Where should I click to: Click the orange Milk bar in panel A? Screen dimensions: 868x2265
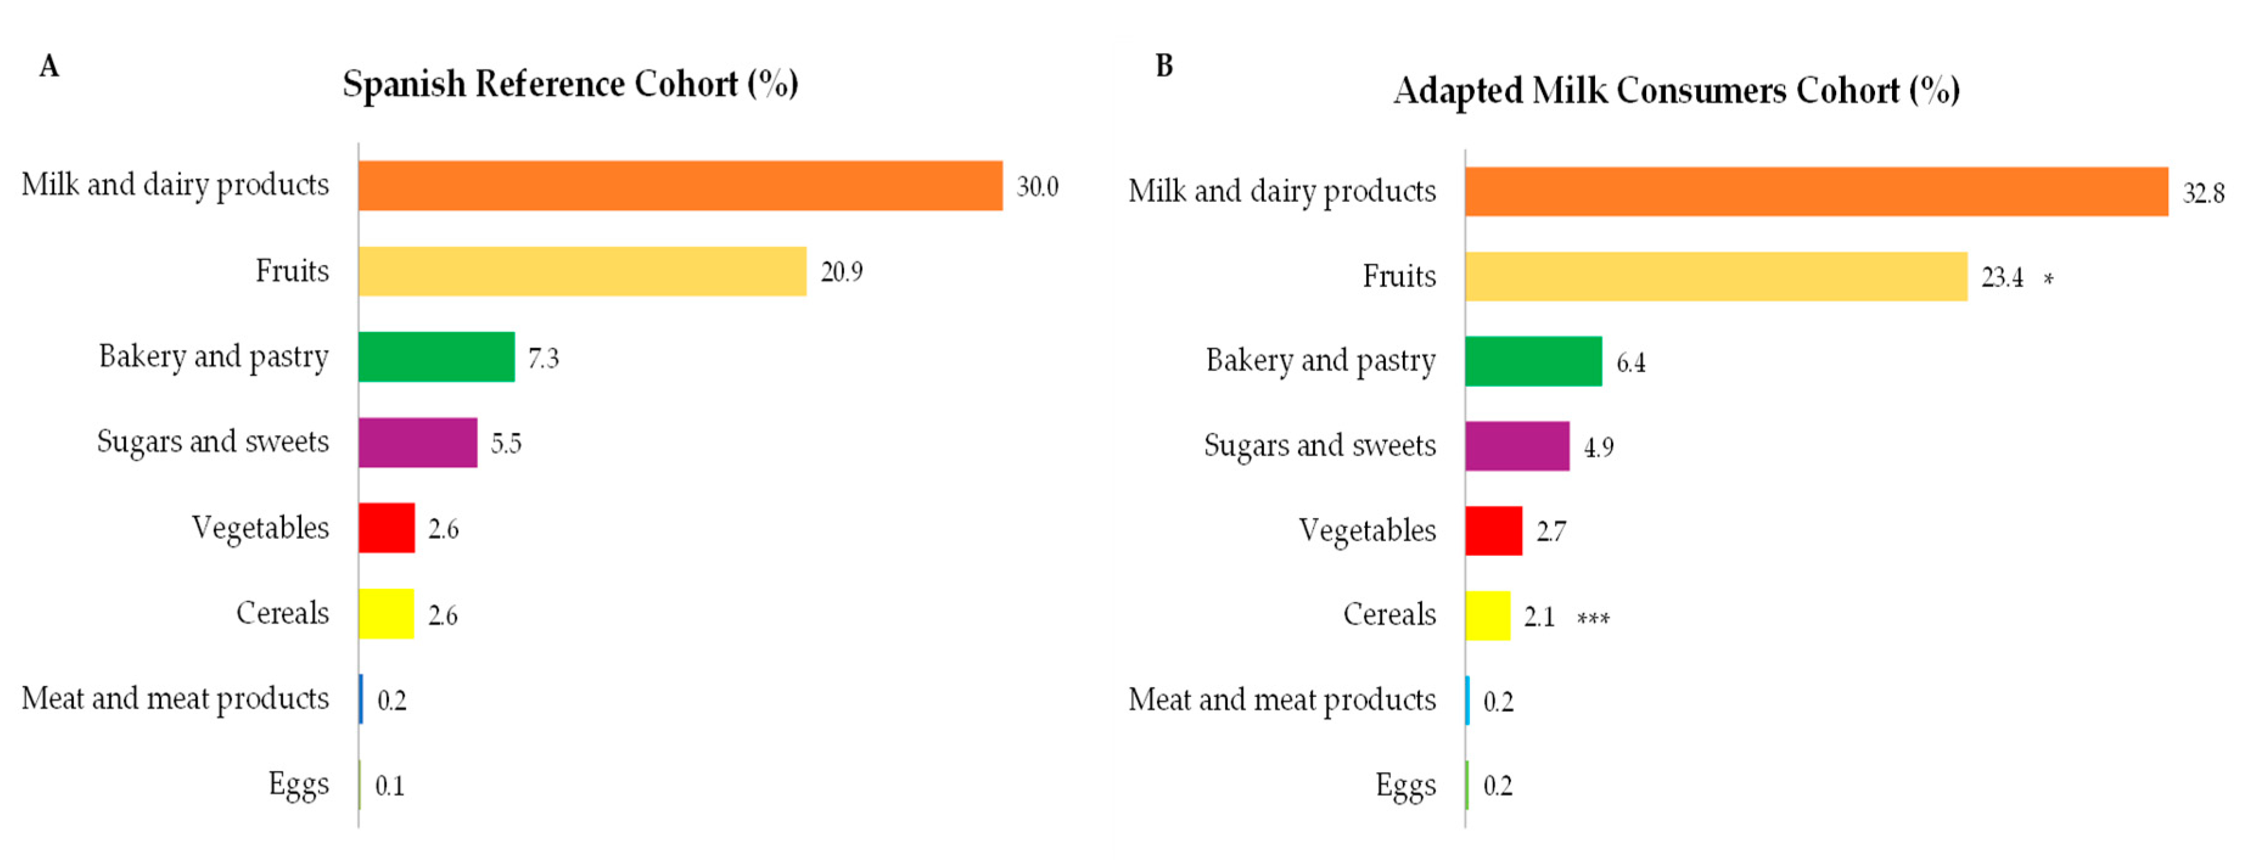point(680,186)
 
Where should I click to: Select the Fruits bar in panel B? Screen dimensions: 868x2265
point(1716,277)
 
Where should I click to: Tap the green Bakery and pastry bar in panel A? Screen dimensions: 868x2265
point(436,357)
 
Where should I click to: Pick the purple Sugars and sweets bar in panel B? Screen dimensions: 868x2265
point(1517,446)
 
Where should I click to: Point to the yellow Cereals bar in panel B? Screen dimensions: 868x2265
point(1487,616)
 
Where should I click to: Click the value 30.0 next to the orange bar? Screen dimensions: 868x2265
point(1037,187)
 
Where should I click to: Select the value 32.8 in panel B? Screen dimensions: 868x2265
point(2204,193)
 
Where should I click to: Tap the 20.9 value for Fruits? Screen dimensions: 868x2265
point(841,272)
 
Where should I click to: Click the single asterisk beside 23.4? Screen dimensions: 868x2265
point(2048,280)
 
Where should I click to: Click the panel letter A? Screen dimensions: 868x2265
point(49,66)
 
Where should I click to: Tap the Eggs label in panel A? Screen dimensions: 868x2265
point(298,783)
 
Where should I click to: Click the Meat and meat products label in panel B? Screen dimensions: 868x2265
point(1281,700)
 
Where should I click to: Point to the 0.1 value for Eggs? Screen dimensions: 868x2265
point(389,785)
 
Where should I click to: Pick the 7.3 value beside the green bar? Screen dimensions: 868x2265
point(543,358)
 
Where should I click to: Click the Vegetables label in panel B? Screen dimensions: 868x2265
point(1366,530)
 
